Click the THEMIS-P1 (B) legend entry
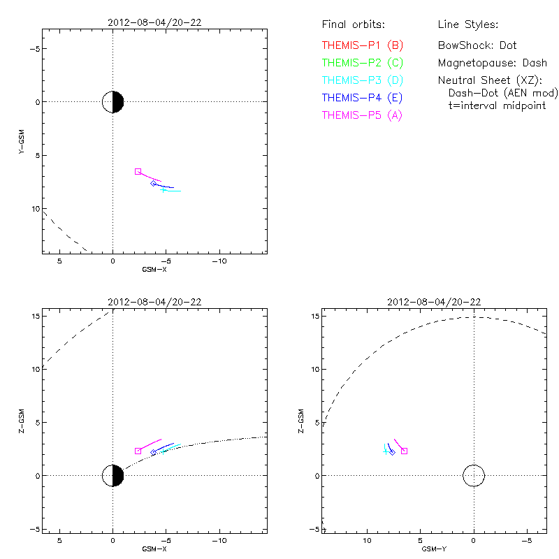362,45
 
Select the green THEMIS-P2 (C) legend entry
362,63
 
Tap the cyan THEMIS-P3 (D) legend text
362,80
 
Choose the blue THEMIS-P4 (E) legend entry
362,98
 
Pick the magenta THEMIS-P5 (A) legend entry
362,115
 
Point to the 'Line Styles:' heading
467,25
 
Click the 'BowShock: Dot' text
477,45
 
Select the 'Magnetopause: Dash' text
492,63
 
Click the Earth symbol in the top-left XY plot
112,102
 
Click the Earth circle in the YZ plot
474,476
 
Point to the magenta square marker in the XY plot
138,171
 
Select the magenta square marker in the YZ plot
404,451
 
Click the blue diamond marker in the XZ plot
153,453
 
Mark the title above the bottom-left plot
154,302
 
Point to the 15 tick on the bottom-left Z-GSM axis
34,316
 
